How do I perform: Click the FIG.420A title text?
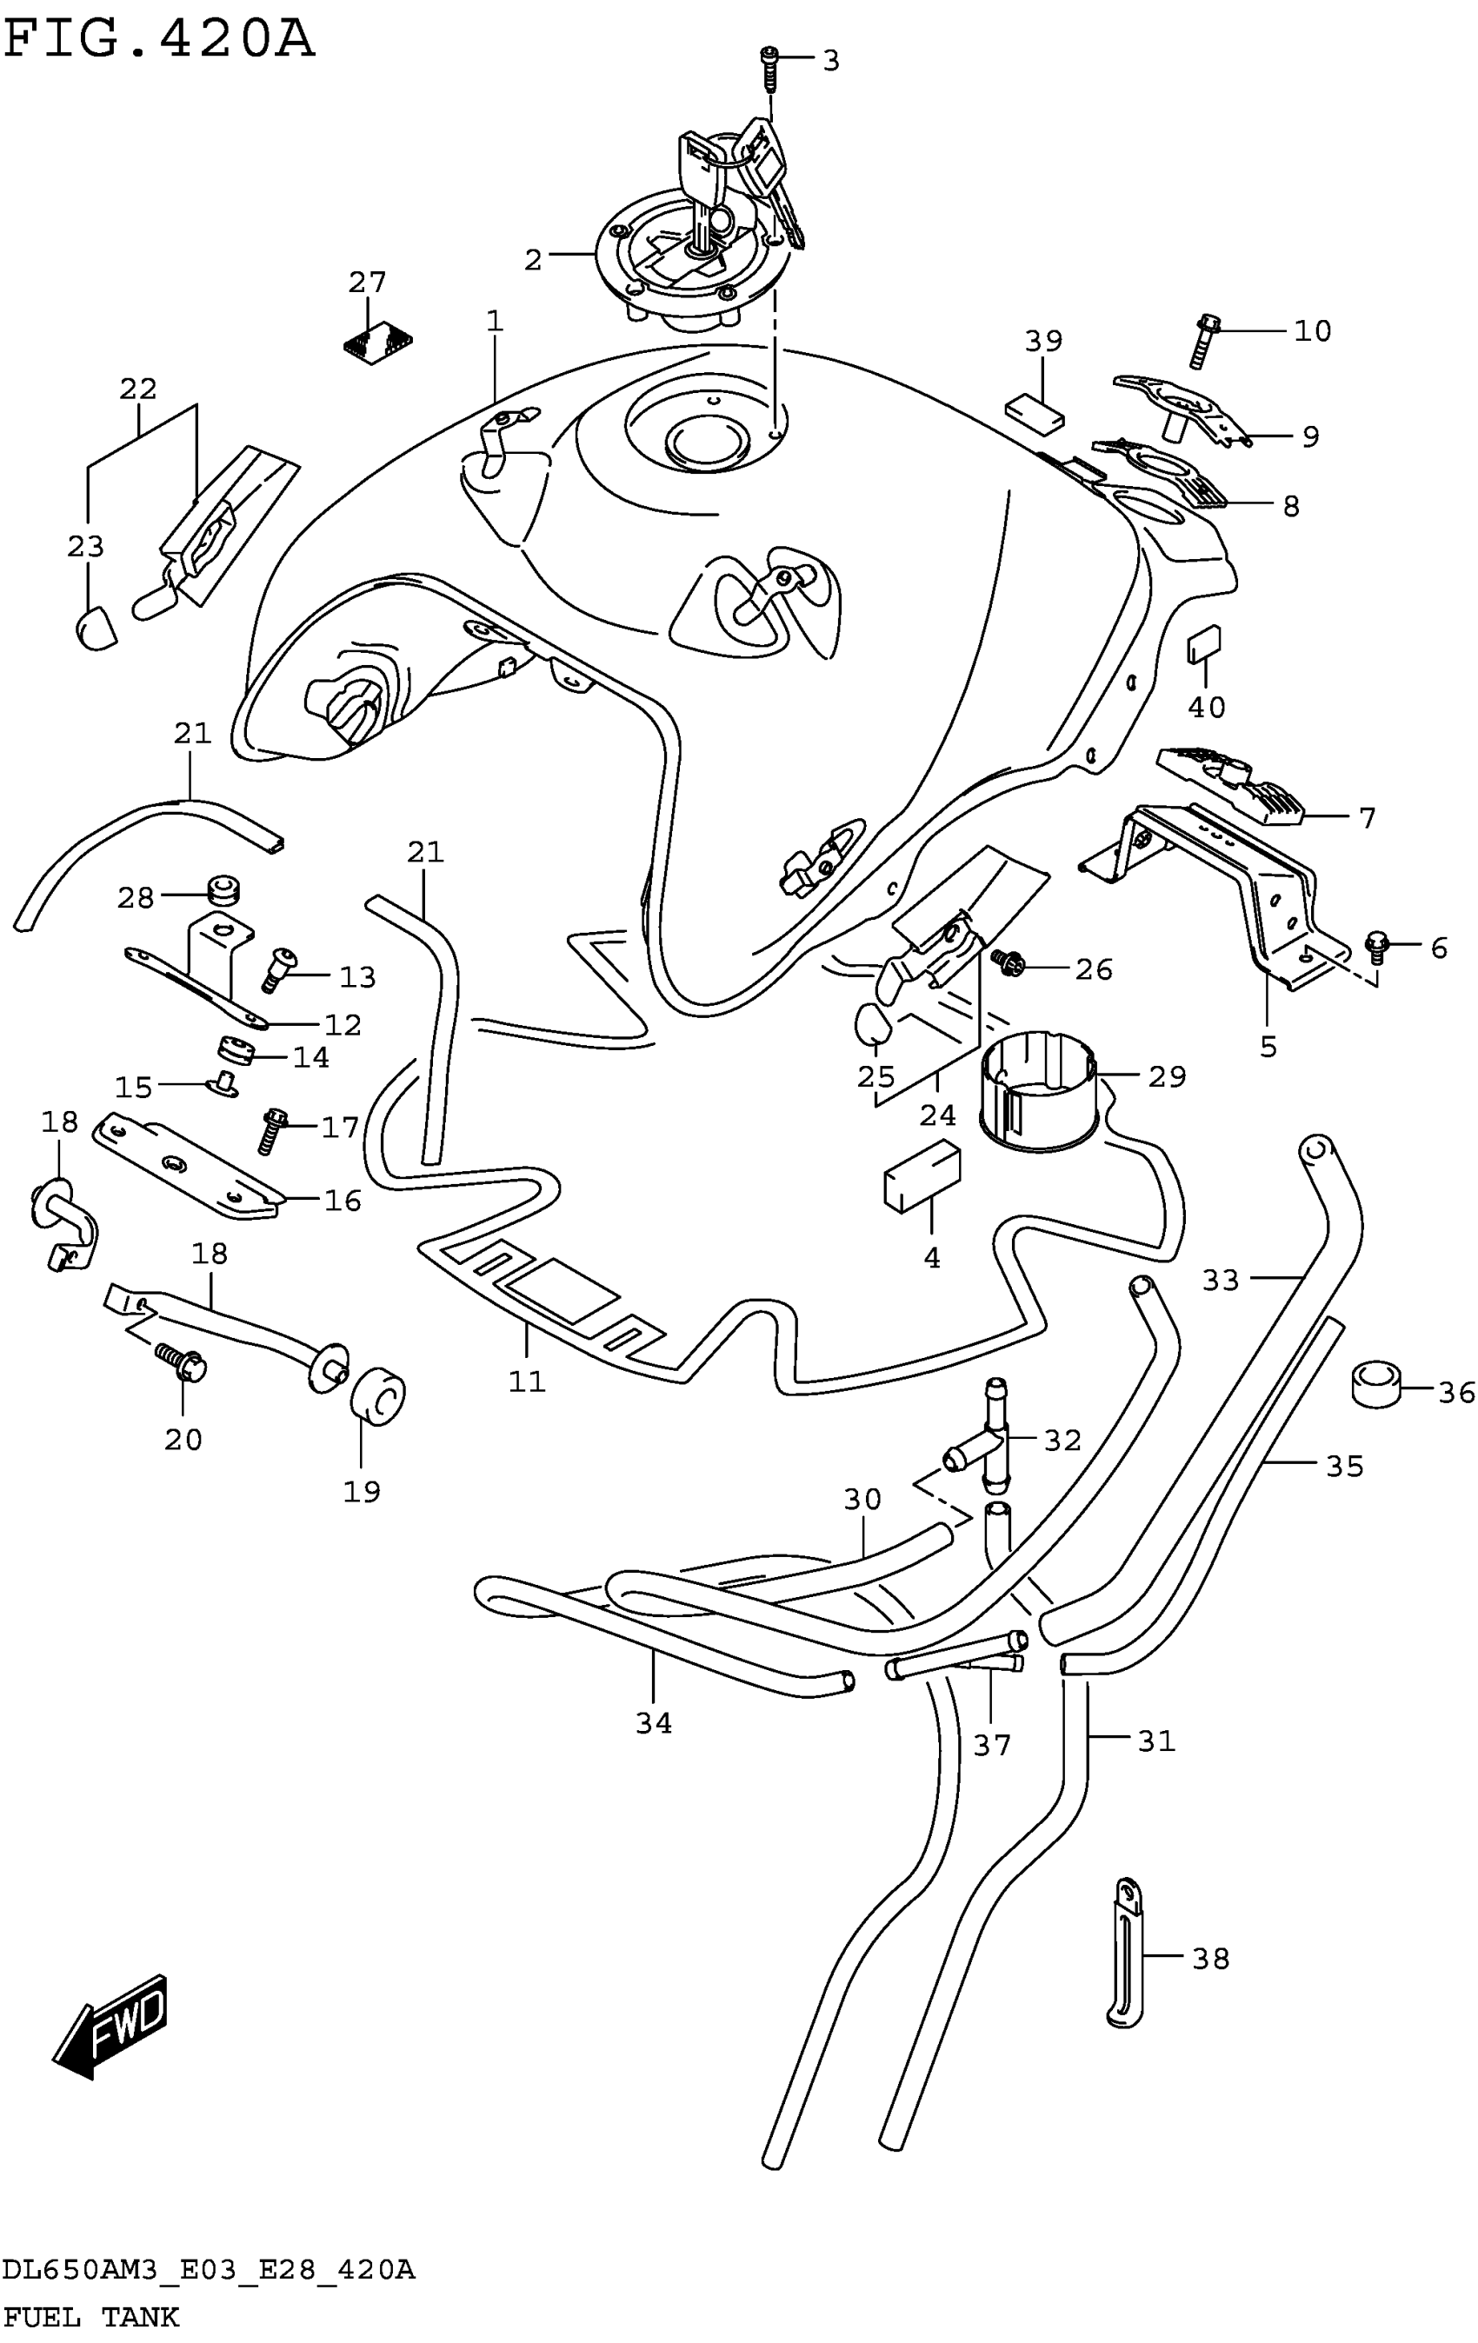tap(158, 41)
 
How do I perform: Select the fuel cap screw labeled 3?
tap(769, 67)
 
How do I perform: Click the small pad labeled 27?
tap(378, 342)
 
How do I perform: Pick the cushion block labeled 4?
tap(922, 1176)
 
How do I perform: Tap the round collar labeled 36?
tap(1375, 1382)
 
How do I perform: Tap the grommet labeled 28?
tap(223, 890)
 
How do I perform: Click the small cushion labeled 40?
tap(1205, 643)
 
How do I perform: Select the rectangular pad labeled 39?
tap(1035, 410)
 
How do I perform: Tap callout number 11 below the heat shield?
tap(526, 1381)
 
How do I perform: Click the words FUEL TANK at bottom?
tap(91, 2317)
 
